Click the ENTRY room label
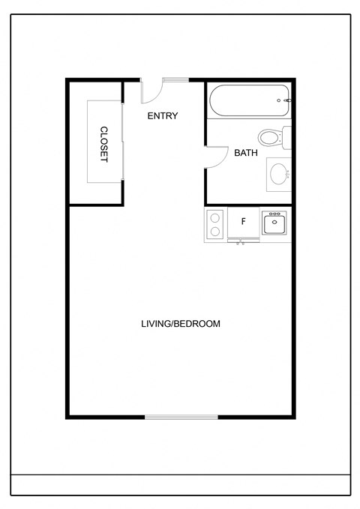(162, 115)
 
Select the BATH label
(246, 153)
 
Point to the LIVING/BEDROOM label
(180, 324)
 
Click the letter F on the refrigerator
(243, 222)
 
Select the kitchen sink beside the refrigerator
(275, 223)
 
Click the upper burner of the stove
(216, 217)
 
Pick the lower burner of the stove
(216, 232)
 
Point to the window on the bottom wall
(181, 417)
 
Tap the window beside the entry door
(175, 79)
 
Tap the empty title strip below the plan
(180, 485)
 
